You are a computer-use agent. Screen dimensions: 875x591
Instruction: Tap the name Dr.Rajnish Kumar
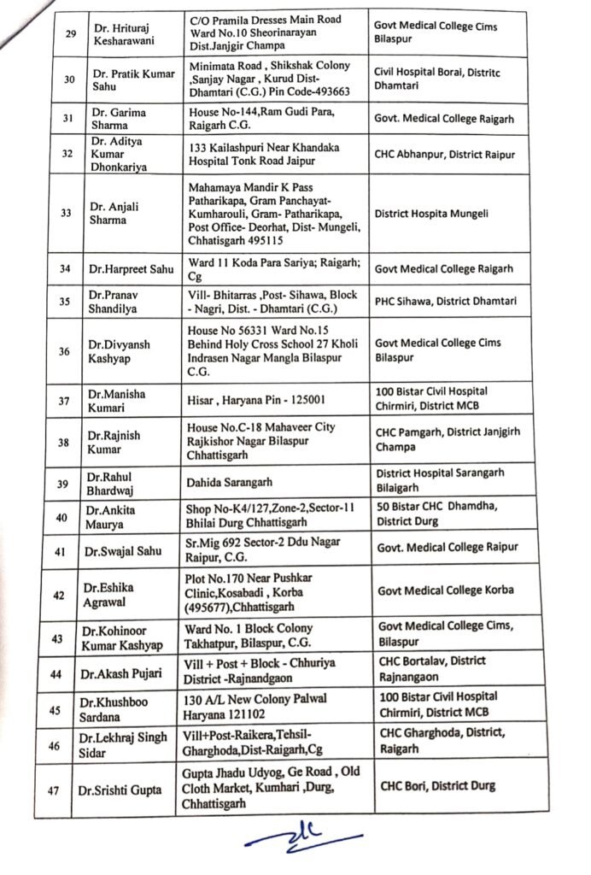click(x=113, y=442)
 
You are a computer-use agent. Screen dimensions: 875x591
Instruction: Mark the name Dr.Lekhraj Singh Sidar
click(x=124, y=742)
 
